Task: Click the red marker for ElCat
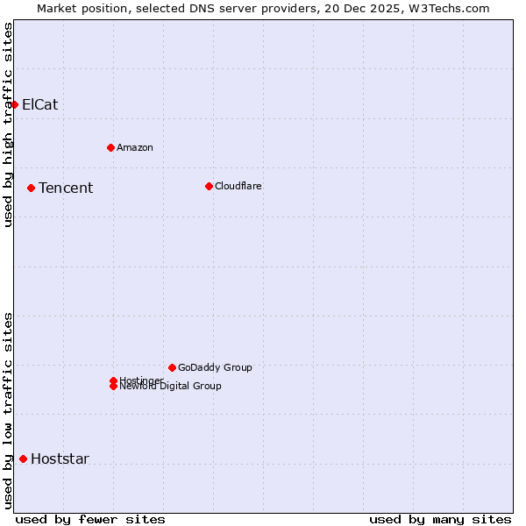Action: (x=14, y=104)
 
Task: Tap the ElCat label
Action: (x=39, y=104)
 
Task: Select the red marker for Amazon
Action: (x=110, y=147)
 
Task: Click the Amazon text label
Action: (x=134, y=147)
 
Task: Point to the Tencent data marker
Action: (x=31, y=188)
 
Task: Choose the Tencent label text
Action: (x=66, y=188)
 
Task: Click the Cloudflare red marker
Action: (x=209, y=186)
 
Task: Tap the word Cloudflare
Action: (x=238, y=186)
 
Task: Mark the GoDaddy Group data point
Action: (x=172, y=367)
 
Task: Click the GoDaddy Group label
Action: (x=214, y=367)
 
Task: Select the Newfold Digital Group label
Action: (x=170, y=387)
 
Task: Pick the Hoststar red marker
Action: (x=23, y=458)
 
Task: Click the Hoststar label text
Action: (x=60, y=458)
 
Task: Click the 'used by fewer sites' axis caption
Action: (x=90, y=519)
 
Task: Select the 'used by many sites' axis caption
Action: (x=440, y=519)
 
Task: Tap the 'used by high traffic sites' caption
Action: (x=8, y=124)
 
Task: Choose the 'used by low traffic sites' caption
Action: (x=8, y=409)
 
